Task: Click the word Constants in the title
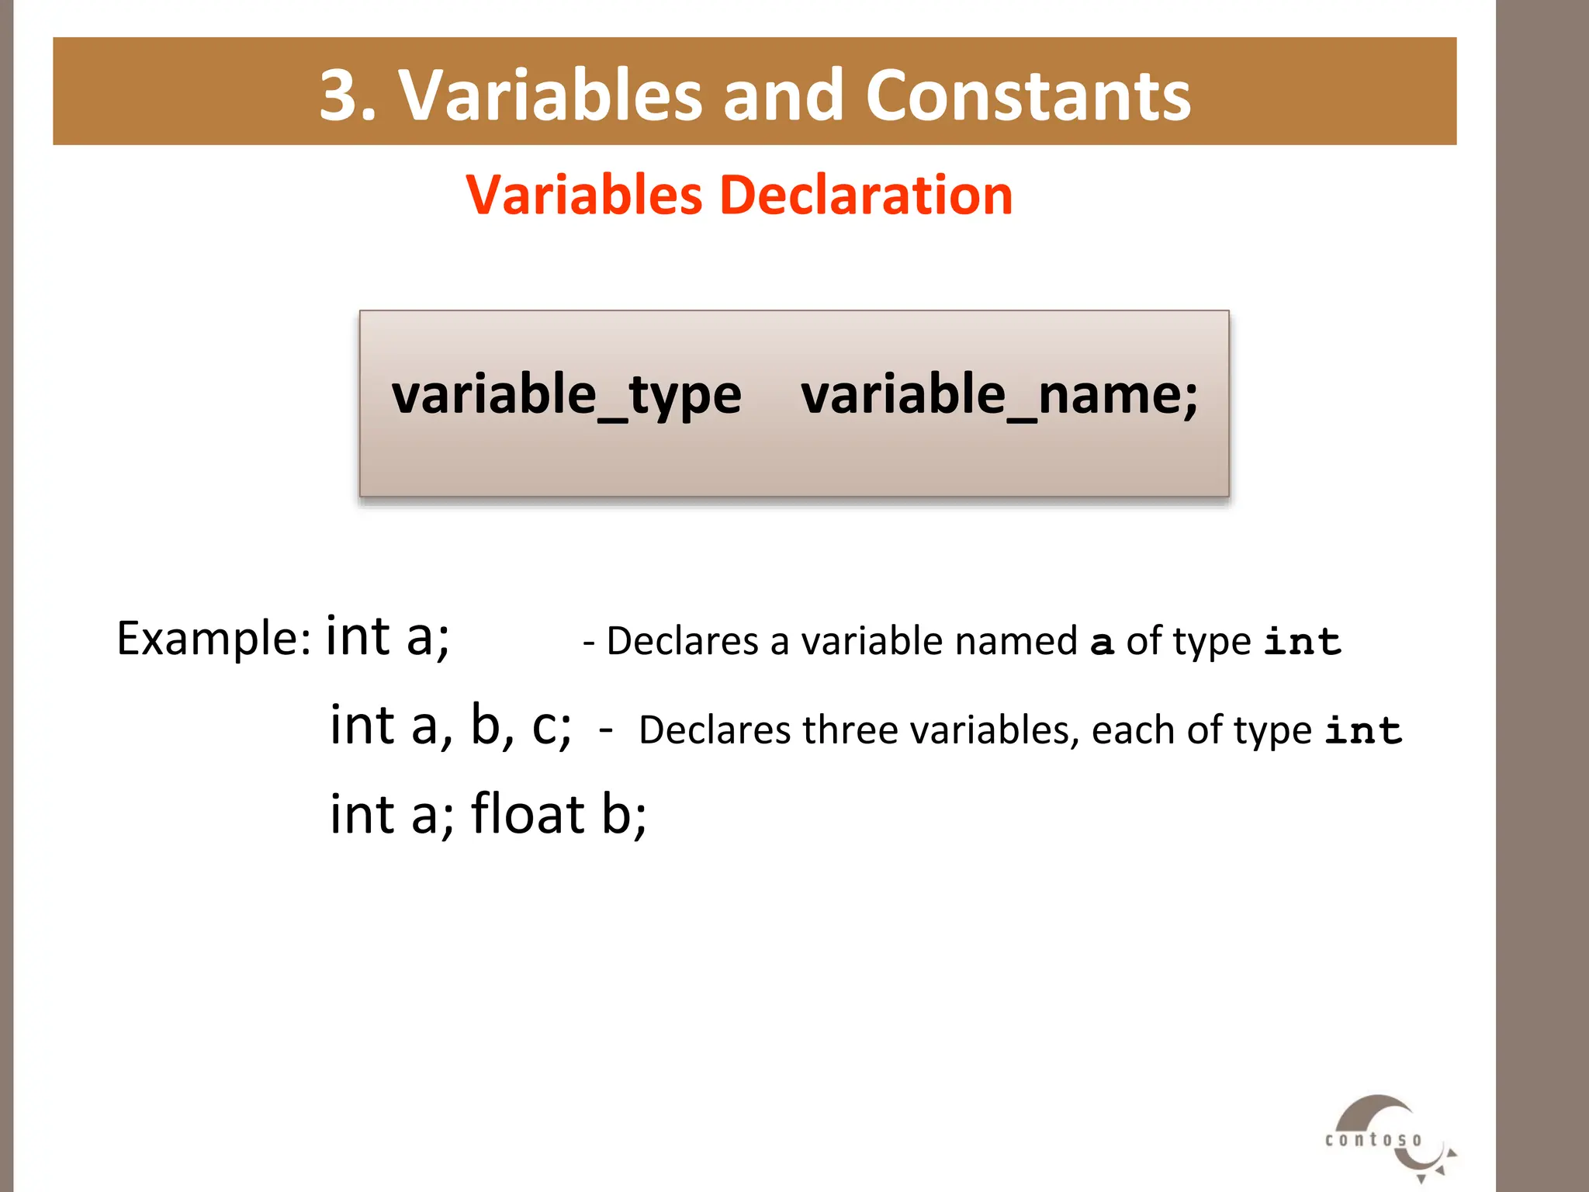pos(1028,95)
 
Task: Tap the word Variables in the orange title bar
pos(550,95)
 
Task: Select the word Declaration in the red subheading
pos(866,195)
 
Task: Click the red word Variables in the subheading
pos(583,195)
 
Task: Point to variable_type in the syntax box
pos(566,395)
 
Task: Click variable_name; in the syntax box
pos(999,395)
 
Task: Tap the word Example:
pos(214,639)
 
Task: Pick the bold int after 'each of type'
pos(1363,731)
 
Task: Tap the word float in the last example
pos(528,814)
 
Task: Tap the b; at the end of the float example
pos(624,815)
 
